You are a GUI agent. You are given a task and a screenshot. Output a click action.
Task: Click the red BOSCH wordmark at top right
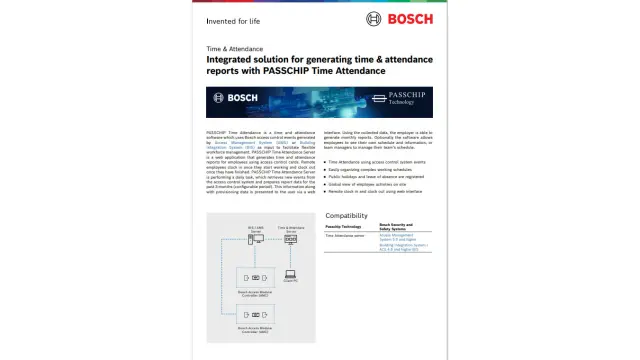point(410,18)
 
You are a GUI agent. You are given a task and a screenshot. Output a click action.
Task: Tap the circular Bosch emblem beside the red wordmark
point(374,18)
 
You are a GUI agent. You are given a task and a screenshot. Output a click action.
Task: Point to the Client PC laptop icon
point(290,274)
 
